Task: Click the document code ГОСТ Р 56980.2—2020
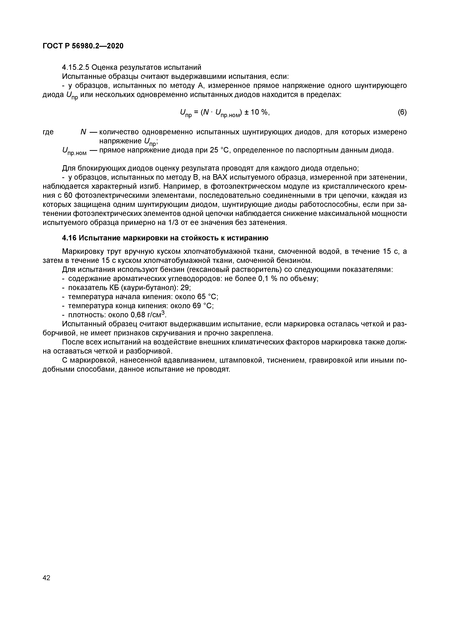[x=83, y=46]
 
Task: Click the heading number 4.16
[x=69, y=238]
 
